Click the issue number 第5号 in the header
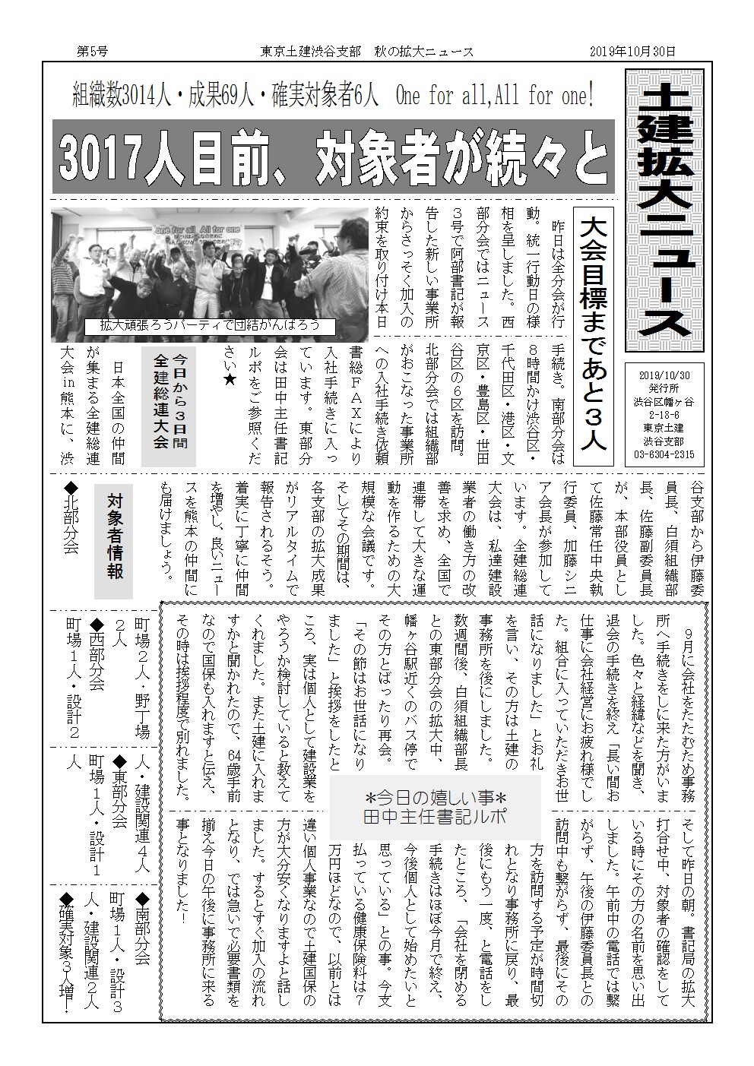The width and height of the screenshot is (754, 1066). [92, 51]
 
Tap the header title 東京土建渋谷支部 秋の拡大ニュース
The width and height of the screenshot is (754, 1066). [367, 51]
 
